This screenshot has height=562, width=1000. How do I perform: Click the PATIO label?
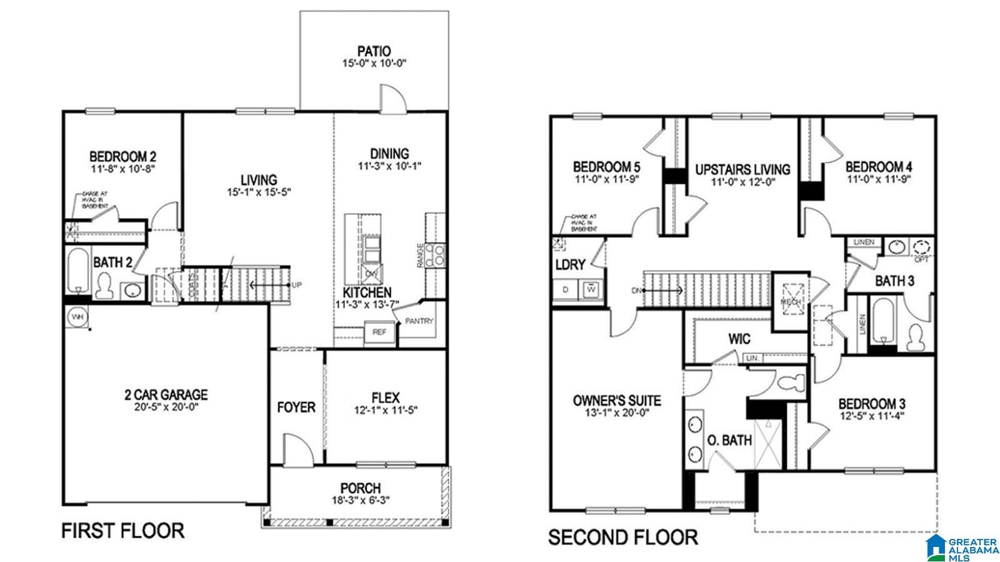374,51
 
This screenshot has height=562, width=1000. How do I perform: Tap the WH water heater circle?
77,317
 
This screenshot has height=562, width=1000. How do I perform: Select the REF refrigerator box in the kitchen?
379,333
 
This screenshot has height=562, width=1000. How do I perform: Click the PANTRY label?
419,321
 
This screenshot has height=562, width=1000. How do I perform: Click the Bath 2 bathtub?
79,271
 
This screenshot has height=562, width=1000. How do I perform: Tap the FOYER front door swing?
296,449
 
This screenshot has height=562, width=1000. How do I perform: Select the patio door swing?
394,99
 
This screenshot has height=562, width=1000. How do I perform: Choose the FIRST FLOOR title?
122,531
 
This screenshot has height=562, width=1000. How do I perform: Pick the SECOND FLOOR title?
622,537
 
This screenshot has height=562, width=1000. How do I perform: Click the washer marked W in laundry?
591,289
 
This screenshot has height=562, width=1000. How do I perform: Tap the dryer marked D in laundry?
566,289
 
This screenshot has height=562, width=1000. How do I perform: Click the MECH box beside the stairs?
792,301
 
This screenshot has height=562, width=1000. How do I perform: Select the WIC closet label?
739,339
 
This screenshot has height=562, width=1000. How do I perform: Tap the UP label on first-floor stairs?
297,285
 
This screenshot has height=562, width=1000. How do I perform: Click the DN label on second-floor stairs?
636,290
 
